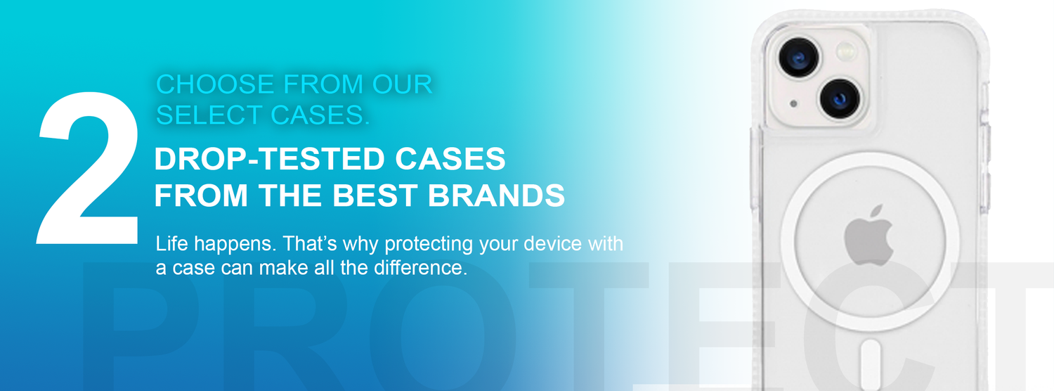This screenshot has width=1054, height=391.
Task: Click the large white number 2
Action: pyautogui.click(x=89, y=167)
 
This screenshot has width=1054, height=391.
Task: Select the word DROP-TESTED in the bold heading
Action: pyautogui.click(x=268, y=158)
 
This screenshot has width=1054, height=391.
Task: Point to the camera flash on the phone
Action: pyautogui.click(x=847, y=51)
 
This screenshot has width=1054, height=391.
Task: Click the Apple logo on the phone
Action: pyautogui.click(x=868, y=236)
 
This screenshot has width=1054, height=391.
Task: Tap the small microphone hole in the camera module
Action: pyautogui.click(x=793, y=103)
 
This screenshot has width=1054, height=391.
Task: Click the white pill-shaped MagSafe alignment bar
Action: pyautogui.click(x=871, y=364)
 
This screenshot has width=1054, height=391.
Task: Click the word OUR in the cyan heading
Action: pyautogui.click(x=403, y=84)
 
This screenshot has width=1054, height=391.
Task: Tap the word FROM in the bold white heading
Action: pyautogui.click(x=201, y=195)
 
